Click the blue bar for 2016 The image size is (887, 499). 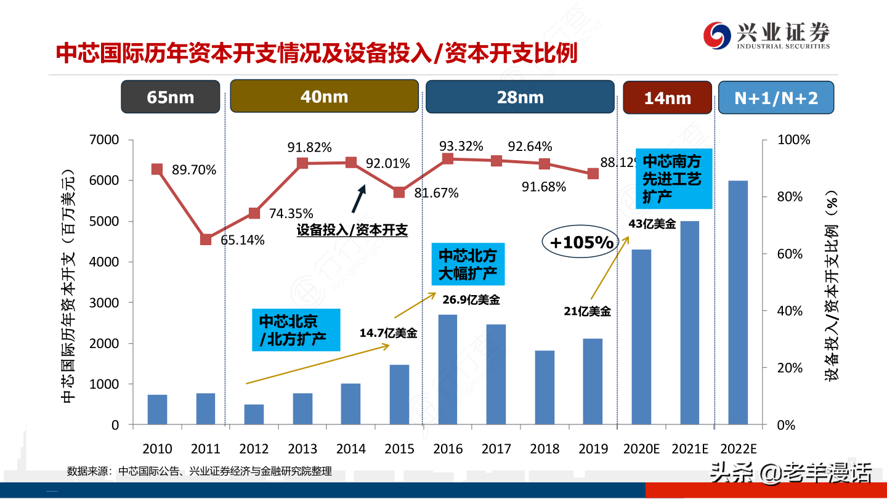448,369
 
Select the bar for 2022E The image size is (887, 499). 738,302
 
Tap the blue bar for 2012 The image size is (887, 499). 254,415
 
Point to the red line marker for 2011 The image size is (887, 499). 206,240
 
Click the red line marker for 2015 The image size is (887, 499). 399,192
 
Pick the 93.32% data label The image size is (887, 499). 461,146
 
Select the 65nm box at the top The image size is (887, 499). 171,97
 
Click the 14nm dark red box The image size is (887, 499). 667,97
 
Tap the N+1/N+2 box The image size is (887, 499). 776,97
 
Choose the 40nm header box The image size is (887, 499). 324,96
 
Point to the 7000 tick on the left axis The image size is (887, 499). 105,140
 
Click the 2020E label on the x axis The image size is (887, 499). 641,448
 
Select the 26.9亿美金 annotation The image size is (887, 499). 471,300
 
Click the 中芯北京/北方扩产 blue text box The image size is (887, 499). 296,330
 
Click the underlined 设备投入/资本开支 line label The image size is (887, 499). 352,230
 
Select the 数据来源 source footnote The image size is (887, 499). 200,471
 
